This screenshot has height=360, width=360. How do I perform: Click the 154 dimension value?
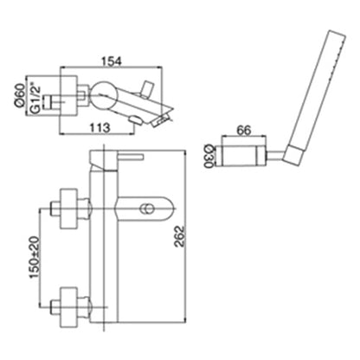112,61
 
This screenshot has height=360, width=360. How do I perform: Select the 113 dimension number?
100,127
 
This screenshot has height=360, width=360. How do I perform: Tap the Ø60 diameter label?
19,95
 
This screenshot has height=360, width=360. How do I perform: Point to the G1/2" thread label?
35,98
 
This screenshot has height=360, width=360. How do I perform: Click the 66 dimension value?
244,131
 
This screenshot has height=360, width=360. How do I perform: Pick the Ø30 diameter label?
208,157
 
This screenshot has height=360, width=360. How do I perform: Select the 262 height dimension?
179,236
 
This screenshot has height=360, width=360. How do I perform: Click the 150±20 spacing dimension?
34,257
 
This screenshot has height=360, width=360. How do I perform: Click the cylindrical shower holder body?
244,155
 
